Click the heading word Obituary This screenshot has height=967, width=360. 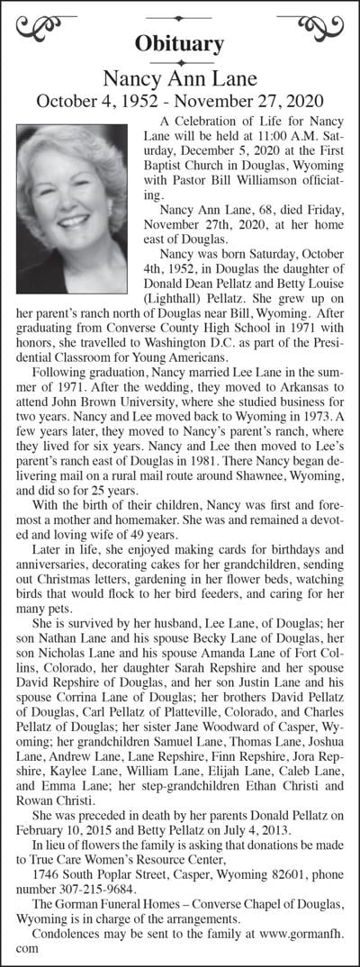[179, 42]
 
